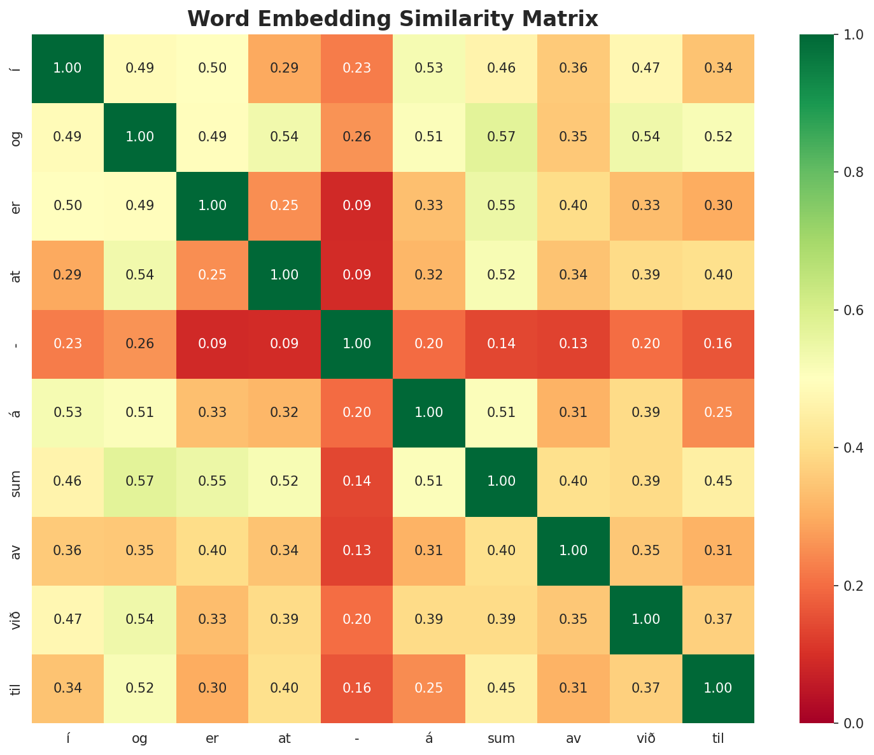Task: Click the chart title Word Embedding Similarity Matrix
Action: tap(393, 19)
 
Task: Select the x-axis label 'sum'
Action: tap(502, 738)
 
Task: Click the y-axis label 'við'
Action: tap(17, 619)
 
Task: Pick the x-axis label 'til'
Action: tap(719, 738)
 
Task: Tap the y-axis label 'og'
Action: tap(17, 137)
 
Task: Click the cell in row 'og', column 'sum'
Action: tap(502, 137)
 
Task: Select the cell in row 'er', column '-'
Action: tap(357, 206)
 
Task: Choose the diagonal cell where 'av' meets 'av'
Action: tap(574, 551)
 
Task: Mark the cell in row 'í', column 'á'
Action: tap(429, 68)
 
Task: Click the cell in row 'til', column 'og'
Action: tap(140, 688)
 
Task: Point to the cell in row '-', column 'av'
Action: tap(574, 344)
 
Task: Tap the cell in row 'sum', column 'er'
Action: tap(212, 481)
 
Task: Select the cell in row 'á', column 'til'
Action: tap(719, 413)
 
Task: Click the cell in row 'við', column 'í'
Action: tap(67, 619)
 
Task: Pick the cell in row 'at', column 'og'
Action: tap(140, 275)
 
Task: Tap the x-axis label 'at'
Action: tap(285, 738)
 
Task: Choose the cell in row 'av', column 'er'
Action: tap(212, 551)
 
